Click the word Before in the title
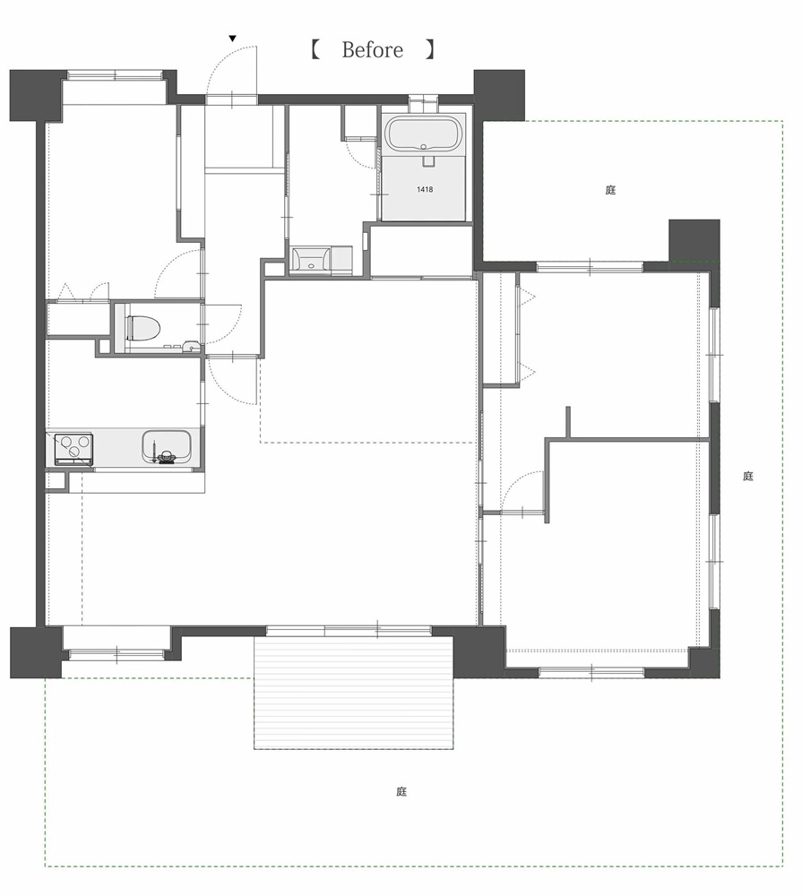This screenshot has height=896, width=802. [x=372, y=49]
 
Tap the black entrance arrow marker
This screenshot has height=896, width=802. [x=232, y=39]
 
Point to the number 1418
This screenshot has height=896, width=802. [x=425, y=189]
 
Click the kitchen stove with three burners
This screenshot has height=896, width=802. [x=73, y=449]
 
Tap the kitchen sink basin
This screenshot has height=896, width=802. [x=166, y=446]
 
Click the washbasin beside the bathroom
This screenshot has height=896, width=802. [x=310, y=260]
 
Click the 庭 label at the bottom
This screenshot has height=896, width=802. [x=401, y=791]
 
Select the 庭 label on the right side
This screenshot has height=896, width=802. [x=748, y=476]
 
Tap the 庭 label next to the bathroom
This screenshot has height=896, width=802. [x=610, y=190]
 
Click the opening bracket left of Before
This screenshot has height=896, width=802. [x=315, y=49]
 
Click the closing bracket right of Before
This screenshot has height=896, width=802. [x=431, y=49]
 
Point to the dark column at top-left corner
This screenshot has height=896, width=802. [x=36, y=96]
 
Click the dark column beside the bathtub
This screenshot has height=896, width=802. [x=499, y=96]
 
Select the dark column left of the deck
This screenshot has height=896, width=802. [x=36, y=652]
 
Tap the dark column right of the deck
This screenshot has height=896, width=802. [x=479, y=651]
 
